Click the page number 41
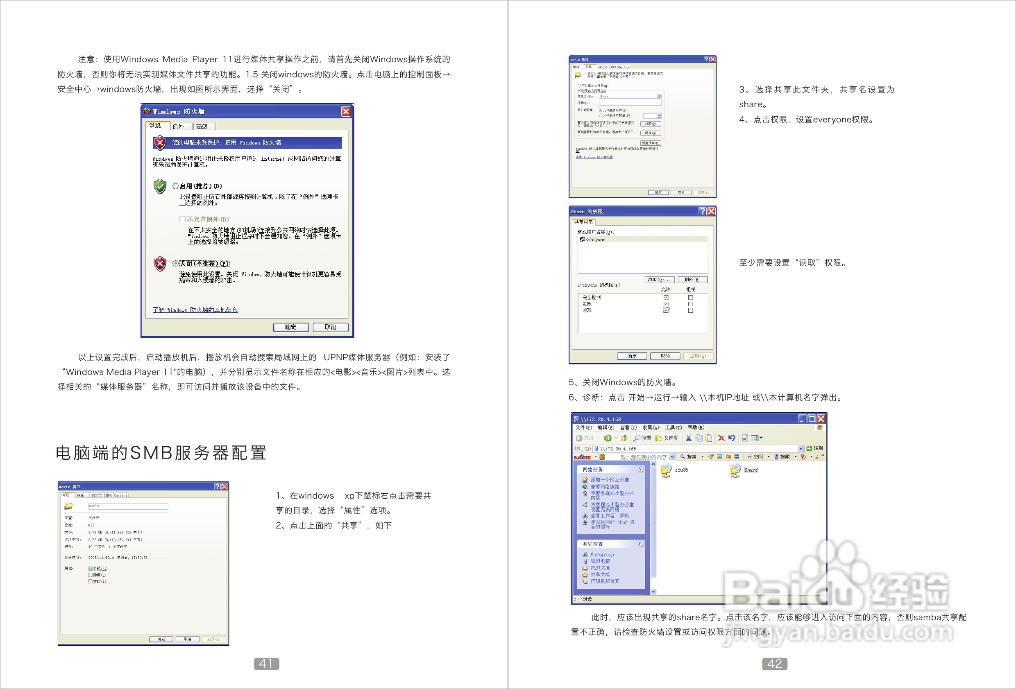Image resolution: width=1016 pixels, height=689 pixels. [266, 664]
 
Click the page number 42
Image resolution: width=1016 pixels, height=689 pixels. [774, 664]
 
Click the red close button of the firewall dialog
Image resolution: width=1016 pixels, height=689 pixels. [346, 111]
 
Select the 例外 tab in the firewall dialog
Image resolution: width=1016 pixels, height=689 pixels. [178, 126]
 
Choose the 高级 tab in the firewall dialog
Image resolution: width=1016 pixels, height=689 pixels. [202, 126]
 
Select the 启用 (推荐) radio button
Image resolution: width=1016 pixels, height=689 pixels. [176, 186]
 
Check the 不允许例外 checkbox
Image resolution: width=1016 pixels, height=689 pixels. [182, 219]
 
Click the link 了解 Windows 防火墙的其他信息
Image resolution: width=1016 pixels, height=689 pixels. [195, 310]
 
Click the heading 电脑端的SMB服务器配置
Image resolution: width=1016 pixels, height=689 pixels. [161, 453]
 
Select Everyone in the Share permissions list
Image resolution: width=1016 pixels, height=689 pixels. [595, 239]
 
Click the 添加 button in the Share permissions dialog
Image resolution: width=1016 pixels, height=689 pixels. [659, 280]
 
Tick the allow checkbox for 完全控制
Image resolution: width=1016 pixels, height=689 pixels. [666, 298]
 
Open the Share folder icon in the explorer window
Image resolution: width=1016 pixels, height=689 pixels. [736, 470]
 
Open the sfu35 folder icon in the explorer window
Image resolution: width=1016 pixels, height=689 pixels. [666, 470]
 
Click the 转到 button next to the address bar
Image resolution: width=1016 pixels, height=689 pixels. [814, 448]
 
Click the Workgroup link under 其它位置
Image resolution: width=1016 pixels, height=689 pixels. [602, 554]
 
